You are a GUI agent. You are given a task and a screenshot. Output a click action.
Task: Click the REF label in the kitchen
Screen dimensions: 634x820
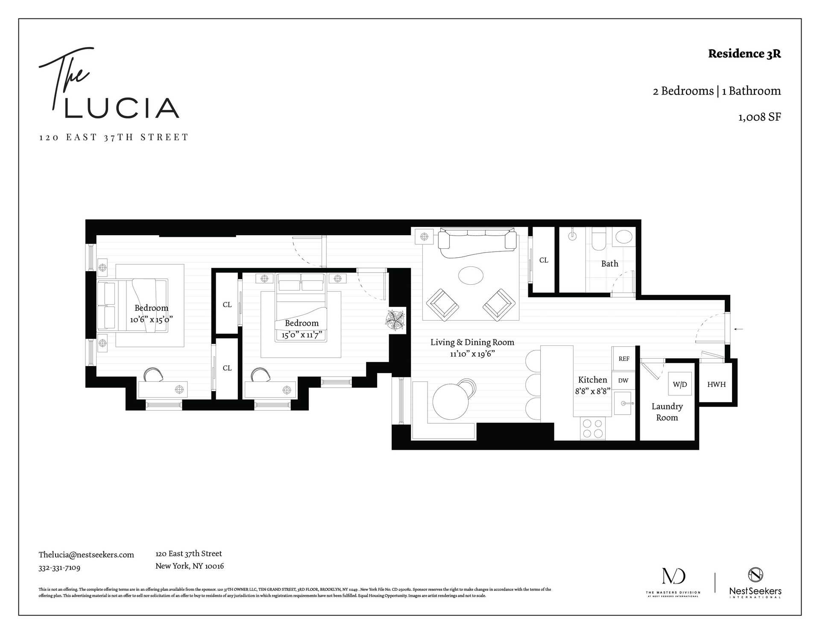click(x=624, y=359)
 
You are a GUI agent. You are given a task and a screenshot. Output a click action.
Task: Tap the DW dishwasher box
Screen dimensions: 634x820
click(x=623, y=380)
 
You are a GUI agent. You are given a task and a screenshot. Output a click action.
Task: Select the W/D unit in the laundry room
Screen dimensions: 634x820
click(x=680, y=384)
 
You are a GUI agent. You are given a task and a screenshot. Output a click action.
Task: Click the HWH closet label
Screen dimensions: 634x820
click(x=716, y=384)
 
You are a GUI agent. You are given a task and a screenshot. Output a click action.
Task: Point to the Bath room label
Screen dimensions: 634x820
click(x=609, y=264)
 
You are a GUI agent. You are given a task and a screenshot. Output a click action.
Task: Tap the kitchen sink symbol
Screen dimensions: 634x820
click(x=625, y=403)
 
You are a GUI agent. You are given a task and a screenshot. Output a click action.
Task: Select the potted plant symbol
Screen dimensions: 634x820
click(x=396, y=320)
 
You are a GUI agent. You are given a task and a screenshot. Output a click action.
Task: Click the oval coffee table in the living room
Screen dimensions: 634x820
click(x=471, y=275)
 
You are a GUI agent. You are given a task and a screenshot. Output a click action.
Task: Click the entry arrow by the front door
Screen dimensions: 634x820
click(x=739, y=329)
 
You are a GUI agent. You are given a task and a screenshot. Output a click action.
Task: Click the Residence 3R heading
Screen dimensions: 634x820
click(x=744, y=54)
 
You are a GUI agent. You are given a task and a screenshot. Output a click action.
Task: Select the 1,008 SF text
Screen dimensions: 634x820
click(x=759, y=117)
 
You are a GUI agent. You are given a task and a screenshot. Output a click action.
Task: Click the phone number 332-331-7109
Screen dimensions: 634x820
click(x=59, y=568)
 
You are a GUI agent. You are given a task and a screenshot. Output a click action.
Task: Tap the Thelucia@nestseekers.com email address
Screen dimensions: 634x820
click(x=86, y=554)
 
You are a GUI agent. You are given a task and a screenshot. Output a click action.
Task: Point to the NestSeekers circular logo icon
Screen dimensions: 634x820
click(x=756, y=575)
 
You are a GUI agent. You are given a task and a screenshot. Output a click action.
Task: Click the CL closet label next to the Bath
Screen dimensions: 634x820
click(x=543, y=260)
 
